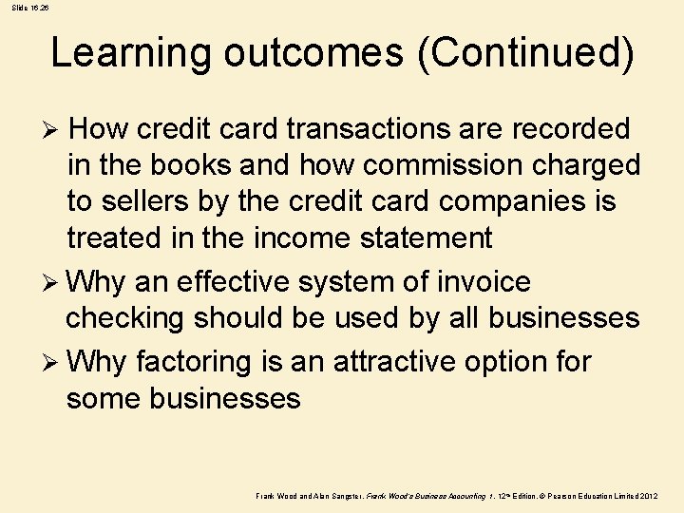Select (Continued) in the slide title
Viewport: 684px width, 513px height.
(524, 53)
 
